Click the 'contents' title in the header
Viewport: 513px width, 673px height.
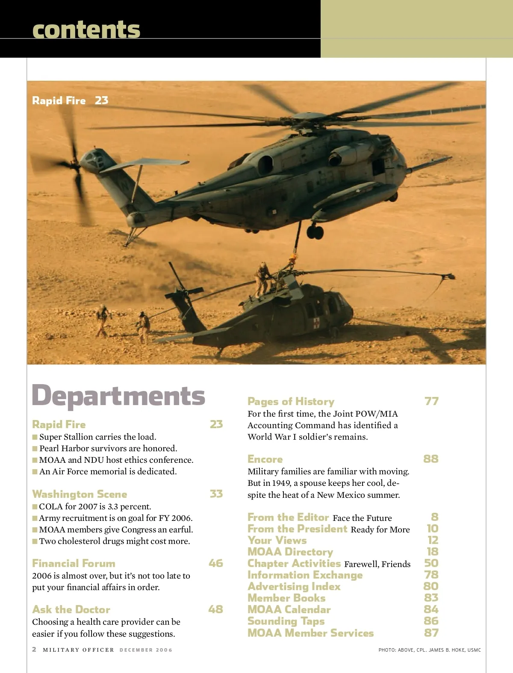click(86, 29)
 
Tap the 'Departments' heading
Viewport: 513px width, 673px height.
click(118, 396)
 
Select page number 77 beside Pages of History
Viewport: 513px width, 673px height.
click(431, 401)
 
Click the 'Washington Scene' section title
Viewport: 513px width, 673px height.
click(80, 494)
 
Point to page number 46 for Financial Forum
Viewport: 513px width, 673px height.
click(216, 563)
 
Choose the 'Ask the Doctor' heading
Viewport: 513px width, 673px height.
click(71, 609)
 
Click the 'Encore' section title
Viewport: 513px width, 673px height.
click(265, 459)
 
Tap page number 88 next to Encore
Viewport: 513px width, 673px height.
click(430, 459)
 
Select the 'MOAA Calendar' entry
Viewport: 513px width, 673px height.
click(289, 609)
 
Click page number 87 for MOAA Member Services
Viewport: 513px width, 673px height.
click(431, 633)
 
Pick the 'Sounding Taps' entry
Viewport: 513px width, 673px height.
click(286, 621)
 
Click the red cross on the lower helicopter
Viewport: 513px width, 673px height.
click(316, 323)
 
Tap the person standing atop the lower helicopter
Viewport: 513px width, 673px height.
click(262, 278)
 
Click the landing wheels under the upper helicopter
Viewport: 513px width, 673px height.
click(315, 232)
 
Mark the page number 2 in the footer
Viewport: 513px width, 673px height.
click(34, 649)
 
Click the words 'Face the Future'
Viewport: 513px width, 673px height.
click(362, 518)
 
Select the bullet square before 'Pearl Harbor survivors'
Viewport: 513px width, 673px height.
click(35, 449)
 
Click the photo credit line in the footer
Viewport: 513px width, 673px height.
click(429, 650)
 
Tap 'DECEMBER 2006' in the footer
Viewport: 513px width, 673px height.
click(146, 650)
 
